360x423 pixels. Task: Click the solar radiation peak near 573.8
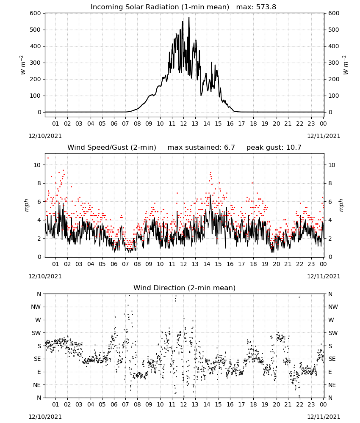pos(189,17)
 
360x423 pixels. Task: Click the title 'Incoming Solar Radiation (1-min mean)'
pos(160,7)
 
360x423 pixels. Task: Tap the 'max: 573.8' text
pos(256,7)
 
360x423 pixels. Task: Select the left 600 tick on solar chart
pos(36,13)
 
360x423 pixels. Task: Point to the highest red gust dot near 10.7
pos(48,158)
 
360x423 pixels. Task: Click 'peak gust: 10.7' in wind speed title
pos(274,148)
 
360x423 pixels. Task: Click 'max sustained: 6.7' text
pos(201,148)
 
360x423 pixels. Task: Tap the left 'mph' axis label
pos(26,205)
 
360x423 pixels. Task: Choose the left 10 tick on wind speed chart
pos(37,165)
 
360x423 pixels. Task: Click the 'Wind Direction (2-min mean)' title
pos(185,288)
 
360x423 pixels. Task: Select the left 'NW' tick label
pos(36,307)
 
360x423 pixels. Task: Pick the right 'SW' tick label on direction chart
pos(333,333)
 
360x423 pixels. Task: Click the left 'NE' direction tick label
pos(37,385)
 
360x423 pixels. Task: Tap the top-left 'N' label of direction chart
pos(39,294)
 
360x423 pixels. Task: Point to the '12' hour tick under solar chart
pos(183,124)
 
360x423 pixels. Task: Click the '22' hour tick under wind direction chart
pos(299,405)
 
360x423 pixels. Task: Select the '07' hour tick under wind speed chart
pos(125,264)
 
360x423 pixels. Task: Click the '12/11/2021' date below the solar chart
pos(324,136)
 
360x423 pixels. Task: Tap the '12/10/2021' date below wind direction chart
pos(45,417)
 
